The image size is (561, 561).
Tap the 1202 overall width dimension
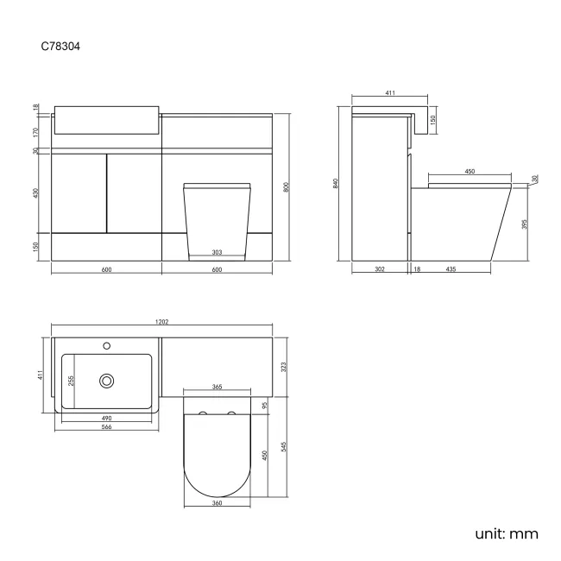pos(161,322)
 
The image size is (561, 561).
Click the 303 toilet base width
pos(217,252)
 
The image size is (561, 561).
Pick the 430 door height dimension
pos(36,192)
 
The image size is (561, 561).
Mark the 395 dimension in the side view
pos(524,224)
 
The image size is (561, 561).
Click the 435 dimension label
pos(451,270)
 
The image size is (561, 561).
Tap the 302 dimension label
pos(380,270)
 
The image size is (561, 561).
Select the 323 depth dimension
pos(284,366)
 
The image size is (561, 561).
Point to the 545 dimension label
pos(284,446)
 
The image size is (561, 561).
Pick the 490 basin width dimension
pos(106,418)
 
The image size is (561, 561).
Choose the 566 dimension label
pos(106,427)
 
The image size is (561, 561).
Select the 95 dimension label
pos(265,404)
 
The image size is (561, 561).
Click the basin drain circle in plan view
pos(107,379)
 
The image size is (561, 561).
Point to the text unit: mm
pos(506,533)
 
